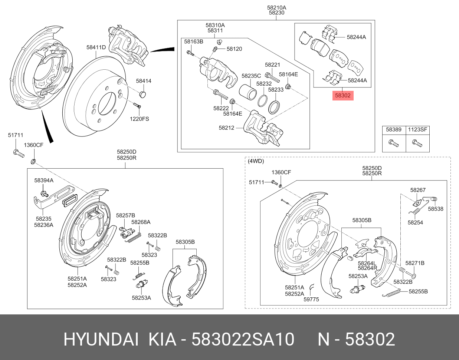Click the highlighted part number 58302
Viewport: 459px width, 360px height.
pos(342,95)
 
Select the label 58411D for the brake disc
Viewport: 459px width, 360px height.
pos(96,47)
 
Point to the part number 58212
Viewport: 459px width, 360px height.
pos(226,128)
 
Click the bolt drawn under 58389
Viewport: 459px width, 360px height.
pos(394,143)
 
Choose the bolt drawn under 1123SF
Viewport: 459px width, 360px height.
pos(417,143)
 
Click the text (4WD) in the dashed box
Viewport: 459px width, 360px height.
pos(256,161)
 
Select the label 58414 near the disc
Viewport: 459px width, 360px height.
pos(144,81)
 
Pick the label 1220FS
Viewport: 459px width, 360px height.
pos(139,119)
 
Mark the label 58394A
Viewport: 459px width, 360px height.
pos(44,181)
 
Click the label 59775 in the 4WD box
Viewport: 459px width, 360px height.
pos(311,299)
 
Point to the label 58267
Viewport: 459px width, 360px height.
pos(418,190)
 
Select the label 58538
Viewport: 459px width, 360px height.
pos(436,209)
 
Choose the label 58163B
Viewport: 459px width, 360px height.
pos(194,42)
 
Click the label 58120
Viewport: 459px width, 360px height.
pos(234,49)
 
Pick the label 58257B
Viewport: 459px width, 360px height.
pos(125,215)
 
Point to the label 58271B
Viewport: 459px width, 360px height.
pos(414,263)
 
